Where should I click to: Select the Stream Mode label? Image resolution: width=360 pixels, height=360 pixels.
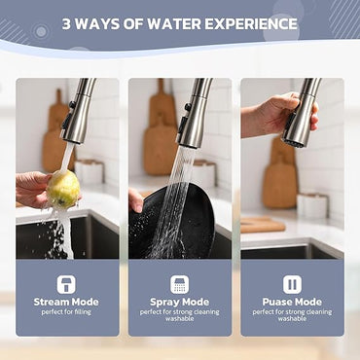tap(65, 302)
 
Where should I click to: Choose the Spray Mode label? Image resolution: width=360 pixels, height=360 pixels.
tap(179, 302)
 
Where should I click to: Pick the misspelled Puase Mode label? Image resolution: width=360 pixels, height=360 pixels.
tap(292, 302)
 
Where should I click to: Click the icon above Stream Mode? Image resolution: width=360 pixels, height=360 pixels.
tap(66, 283)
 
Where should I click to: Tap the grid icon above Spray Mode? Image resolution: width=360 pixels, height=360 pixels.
tap(179, 283)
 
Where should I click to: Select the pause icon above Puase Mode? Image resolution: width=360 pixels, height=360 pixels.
tap(292, 283)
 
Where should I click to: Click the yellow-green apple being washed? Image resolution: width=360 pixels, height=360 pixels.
tap(64, 188)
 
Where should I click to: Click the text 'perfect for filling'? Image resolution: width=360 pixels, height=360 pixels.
tap(65, 312)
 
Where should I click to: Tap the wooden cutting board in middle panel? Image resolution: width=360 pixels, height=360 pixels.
tap(162, 136)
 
